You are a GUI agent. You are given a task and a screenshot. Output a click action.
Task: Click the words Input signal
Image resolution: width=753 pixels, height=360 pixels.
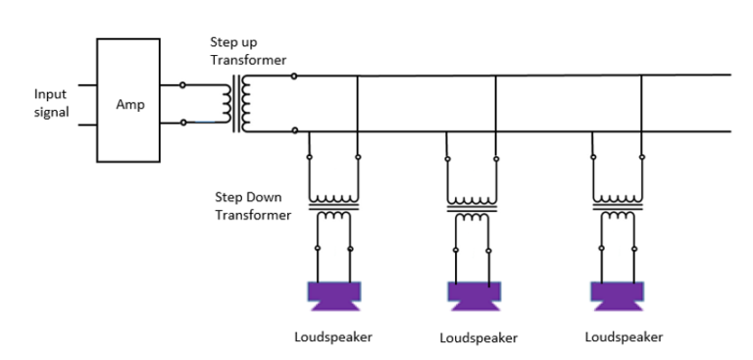[x=51, y=103]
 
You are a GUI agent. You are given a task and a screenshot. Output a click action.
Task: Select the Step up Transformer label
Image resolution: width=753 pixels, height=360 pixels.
[x=248, y=51]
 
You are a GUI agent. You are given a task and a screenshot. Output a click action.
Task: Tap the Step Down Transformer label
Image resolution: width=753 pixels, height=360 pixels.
[x=253, y=206]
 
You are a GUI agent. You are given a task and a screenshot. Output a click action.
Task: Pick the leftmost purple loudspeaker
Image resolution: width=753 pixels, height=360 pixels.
[x=334, y=293]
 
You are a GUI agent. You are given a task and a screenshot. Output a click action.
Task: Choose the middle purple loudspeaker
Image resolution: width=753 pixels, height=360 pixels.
[x=475, y=293]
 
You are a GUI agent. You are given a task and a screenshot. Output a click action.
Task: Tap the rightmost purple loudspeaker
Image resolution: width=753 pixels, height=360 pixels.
[x=618, y=293]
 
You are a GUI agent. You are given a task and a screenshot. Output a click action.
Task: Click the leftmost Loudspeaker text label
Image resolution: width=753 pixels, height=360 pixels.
[x=333, y=337]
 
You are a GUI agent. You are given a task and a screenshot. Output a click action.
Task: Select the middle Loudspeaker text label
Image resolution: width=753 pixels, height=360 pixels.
[x=477, y=338]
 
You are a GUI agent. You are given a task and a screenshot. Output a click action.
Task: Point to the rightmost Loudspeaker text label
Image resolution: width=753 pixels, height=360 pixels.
[x=624, y=337]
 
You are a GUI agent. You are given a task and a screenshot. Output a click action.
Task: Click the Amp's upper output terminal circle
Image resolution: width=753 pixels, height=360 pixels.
[x=182, y=85]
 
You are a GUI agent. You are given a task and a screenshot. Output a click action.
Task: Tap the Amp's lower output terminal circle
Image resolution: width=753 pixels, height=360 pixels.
[x=182, y=123]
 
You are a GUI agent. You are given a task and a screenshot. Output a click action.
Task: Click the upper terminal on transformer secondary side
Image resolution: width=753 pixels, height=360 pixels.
[x=295, y=76]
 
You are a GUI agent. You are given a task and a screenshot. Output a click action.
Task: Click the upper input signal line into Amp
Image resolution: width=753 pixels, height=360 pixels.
[x=87, y=85]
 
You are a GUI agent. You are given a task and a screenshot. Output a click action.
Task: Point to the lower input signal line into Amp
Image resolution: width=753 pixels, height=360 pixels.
[x=87, y=125]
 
